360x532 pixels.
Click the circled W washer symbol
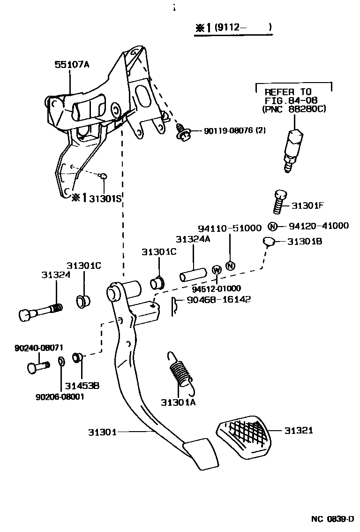(217, 270)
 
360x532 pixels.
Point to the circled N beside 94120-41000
(272, 226)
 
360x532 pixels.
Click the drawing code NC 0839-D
(332, 519)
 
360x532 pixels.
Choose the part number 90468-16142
(218, 299)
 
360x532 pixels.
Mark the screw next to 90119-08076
(183, 132)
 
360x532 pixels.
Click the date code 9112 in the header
(230, 27)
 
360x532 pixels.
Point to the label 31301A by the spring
(178, 402)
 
